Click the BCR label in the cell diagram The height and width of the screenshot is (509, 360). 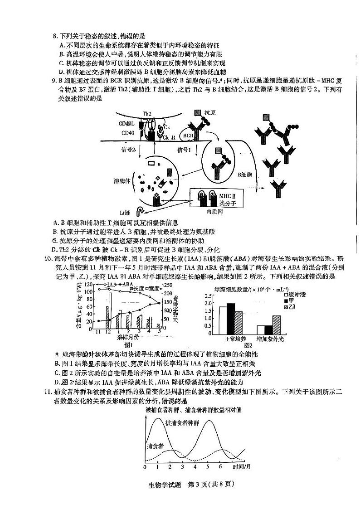[188, 135]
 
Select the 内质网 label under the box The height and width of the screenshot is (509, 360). [215, 212]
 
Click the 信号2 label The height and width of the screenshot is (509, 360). [128, 149]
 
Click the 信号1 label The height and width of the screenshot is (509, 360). [183, 149]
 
